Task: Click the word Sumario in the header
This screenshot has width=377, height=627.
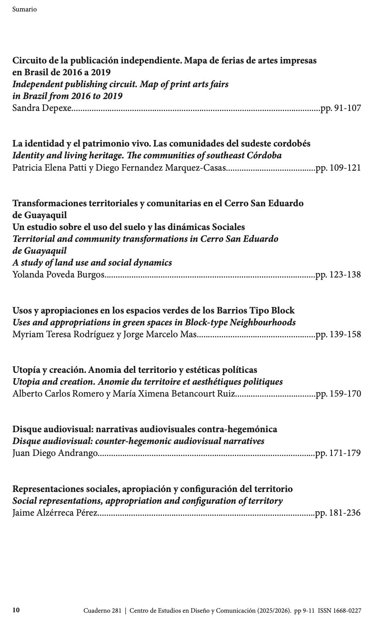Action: (25, 9)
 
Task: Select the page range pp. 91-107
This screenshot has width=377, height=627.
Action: (341, 108)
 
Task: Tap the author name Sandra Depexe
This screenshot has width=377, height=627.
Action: (42, 108)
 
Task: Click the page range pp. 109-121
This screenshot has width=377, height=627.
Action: (338, 168)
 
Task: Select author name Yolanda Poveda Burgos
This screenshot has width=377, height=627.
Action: (58, 275)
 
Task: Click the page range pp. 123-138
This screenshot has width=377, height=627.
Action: (338, 275)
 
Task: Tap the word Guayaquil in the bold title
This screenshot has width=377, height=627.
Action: (39, 215)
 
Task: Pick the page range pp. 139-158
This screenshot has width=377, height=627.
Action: (338, 334)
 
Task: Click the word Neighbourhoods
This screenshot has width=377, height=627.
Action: (262, 323)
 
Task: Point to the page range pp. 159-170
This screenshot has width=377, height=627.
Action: (338, 394)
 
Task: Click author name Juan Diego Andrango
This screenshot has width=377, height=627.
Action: (55, 453)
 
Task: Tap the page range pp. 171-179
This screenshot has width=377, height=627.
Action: (338, 453)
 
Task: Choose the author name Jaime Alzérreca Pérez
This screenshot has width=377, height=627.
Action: (55, 513)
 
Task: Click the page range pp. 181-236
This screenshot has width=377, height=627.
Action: (338, 513)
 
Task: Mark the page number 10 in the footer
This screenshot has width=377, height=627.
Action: (16, 610)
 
